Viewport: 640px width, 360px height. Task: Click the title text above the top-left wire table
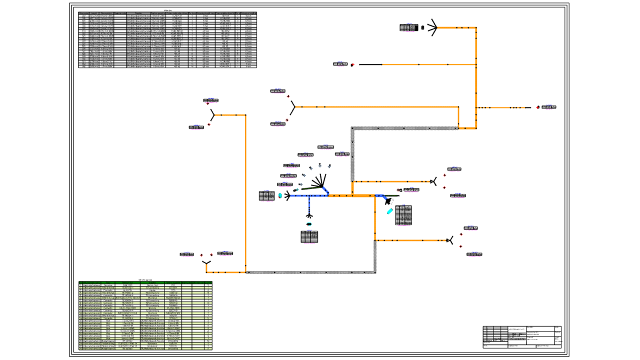pyautogui.click(x=167, y=9)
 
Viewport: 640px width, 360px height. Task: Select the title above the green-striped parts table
pyautogui.click(x=145, y=279)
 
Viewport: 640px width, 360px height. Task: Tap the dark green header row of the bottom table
pyautogui.click(x=145, y=283)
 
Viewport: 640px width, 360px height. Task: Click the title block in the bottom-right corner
pyautogui.click(x=521, y=337)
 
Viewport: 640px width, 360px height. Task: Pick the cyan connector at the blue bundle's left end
pyautogui.click(x=280, y=195)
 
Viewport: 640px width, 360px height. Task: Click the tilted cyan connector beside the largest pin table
pyautogui.click(x=389, y=211)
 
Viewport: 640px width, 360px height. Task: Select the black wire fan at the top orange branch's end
pyautogui.click(x=432, y=27)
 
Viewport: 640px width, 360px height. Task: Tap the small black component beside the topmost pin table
pyautogui.click(x=423, y=28)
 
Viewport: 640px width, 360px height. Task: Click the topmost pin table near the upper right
pyautogui.click(x=408, y=27)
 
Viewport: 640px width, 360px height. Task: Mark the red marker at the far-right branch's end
pyautogui.click(x=538, y=107)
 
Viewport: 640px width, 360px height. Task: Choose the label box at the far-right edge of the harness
pyautogui.click(x=548, y=107)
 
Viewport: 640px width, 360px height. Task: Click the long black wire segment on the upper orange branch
pyautogui.click(x=370, y=64)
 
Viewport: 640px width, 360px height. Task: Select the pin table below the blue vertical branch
pyautogui.click(x=309, y=237)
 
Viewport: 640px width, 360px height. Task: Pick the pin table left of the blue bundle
pyautogui.click(x=266, y=195)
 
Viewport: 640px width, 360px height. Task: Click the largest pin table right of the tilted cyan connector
pyautogui.click(x=403, y=214)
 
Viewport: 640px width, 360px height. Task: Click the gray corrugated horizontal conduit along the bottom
pyautogui.click(x=310, y=272)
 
